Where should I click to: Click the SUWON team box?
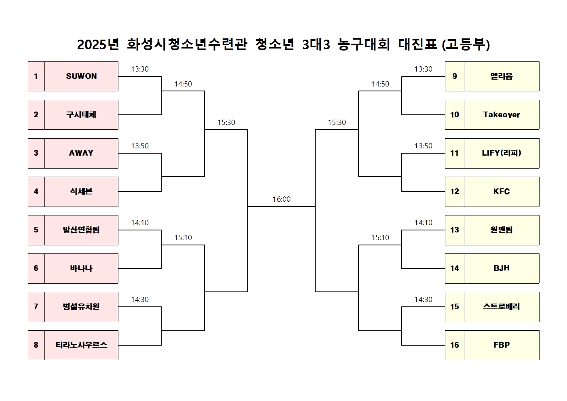pos(81,76)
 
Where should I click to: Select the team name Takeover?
pos(502,115)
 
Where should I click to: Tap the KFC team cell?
pos(502,192)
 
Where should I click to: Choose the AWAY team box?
pos(81,153)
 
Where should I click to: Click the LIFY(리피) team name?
pos(502,153)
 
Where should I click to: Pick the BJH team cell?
pos(502,268)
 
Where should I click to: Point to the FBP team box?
pos(502,345)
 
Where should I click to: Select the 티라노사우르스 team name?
pos(82,345)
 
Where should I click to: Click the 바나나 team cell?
pos(81,268)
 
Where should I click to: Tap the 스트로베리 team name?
pos(502,306)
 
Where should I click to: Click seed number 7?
pos(36,306)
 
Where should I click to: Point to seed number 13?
pos(455,230)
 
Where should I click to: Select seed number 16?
pos(455,345)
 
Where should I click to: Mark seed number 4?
pos(36,191)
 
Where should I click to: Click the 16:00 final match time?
pos(281,199)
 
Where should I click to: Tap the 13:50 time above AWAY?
pos(140,146)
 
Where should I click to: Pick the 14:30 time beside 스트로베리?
pos(423,300)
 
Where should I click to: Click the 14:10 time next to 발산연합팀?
pos(140,223)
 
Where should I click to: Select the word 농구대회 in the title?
pos(364,44)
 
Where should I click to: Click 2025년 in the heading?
pos(98,44)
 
